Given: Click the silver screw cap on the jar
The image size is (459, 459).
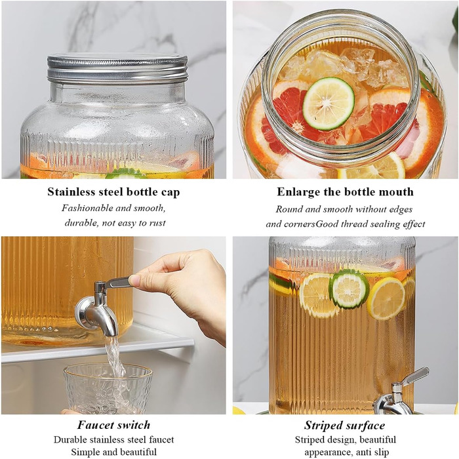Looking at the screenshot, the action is (x=117, y=68).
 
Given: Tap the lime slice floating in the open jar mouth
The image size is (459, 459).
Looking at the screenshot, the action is (x=329, y=104).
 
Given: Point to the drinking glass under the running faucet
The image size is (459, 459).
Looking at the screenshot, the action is (x=108, y=388).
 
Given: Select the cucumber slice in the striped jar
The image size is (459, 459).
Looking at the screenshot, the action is (x=349, y=289).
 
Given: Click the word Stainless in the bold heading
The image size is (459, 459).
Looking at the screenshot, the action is (x=71, y=192).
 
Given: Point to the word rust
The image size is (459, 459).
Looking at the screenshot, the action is (x=157, y=223).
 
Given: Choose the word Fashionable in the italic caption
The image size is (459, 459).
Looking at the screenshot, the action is (x=87, y=208).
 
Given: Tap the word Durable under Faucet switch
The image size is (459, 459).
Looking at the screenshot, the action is (x=70, y=440).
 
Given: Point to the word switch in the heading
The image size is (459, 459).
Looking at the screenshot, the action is (x=134, y=425).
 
